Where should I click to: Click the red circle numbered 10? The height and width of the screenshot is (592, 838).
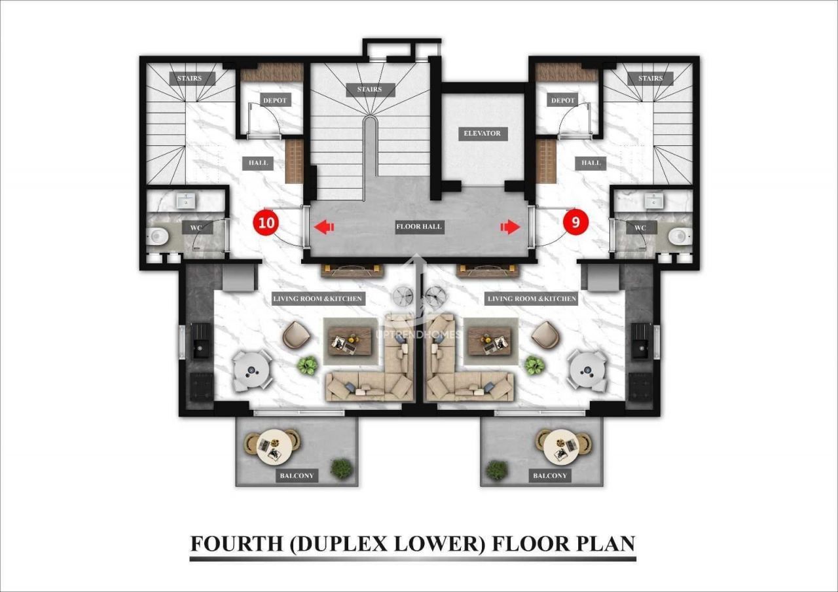[x=266, y=223]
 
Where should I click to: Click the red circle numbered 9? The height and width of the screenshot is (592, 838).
[x=575, y=223]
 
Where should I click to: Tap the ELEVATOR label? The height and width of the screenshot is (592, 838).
[x=482, y=133]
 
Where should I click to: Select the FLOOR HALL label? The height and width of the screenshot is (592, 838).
[x=419, y=227]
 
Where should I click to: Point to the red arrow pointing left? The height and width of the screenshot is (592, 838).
[x=324, y=227]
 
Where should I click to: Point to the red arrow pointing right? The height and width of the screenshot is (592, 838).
[x=510, y=227]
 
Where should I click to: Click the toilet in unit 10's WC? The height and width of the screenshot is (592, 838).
[x=158, y=236]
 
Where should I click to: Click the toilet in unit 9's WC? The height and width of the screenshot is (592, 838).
[x=680, y=236]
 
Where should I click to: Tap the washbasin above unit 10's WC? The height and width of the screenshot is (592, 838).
[x=185, y=200]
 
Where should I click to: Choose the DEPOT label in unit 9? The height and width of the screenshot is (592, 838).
[x=562, y=100]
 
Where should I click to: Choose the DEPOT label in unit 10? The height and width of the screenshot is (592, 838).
[x=274, y=100]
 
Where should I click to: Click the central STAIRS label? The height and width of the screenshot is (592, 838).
[x=369, y=90]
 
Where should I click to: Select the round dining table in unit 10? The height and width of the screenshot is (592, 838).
[x=251, y=371]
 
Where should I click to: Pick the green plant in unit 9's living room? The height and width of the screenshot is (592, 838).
[x=533, y=365]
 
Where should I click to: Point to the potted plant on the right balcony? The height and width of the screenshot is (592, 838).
[x=497, y=470]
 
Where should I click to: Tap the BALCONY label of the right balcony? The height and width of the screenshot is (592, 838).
[x=549, y=475]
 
